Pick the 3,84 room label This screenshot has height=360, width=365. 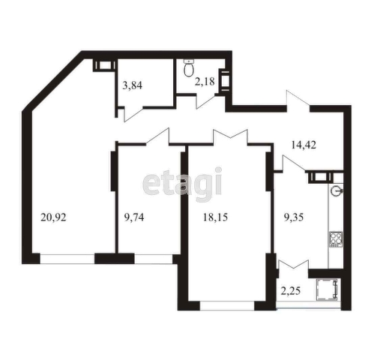pos(133,85)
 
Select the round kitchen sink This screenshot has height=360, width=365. pos(335,190)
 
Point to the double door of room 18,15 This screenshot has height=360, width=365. pos(229,136)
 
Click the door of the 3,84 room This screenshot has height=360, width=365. pos(133,111)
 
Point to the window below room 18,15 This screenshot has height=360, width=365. pos(227,305)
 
